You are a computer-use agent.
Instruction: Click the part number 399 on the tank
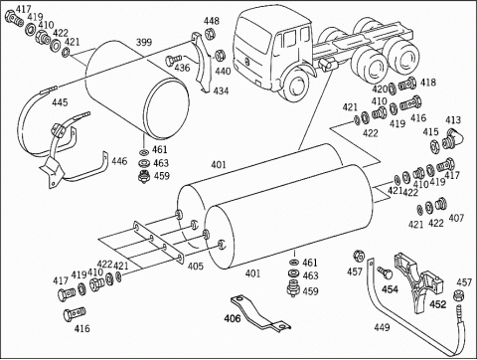(x=144, y=42)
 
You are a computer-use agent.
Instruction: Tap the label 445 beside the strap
(x=60, y=102)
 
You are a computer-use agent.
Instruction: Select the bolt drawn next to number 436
(x=172, y=60)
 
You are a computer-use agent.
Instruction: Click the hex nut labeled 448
(x=209, y=33)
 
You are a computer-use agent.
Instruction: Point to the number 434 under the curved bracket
(x=221, y=90)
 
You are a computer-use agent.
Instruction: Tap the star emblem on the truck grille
(x=247, y=61)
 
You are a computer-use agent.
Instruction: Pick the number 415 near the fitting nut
(x=430, y=131)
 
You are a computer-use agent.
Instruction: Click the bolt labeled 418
(x=407, y=84)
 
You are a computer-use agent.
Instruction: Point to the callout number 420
(x=380, y=90)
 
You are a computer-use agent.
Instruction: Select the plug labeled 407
(x=441, y=203)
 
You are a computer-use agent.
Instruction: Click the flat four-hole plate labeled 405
(x=159, y=243)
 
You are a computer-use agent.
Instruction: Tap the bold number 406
(x=233, y=318)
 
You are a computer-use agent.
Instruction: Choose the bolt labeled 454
(x=386, y=272)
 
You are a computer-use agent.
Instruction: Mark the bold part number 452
(x=438, y=303)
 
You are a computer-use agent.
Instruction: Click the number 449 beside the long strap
(x=382, y=327)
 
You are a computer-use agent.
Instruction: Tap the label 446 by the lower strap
(x=119, y=161)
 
